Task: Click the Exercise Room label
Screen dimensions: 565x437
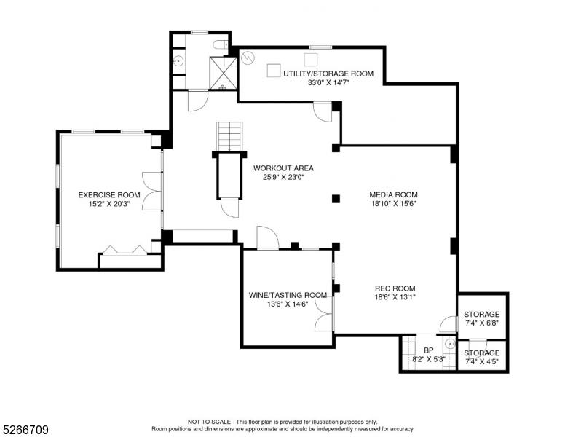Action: [x=109, y=195]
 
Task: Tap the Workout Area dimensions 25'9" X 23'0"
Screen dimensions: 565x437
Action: [x=283, y=177]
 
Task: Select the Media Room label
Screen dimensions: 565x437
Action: [x=393, y=194]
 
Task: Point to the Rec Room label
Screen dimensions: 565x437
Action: [x=395, y=288]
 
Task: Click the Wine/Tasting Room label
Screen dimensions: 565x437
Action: [x=288, y=295]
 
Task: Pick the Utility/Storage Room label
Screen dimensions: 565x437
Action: [x=328, y=74]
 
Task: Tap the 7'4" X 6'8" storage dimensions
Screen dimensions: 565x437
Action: [x=481, y=323]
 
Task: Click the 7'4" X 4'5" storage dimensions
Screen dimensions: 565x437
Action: [x=481, y=362]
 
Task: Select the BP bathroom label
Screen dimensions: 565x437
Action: [x=428, y=350]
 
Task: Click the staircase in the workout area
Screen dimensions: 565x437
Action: [x=229, y=136]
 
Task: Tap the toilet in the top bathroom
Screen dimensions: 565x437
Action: [x=221, y=44]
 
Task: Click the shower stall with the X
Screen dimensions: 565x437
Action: [x=224, y=73]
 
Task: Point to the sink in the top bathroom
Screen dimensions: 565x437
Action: [x=178, y=60]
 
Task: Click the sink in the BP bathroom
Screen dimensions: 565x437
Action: [x=450, y=344]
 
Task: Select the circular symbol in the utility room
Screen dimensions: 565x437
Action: [x=248, y=58]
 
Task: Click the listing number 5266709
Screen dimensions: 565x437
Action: [x=25, y=430]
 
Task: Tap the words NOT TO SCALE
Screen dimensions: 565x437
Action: [x=209, y=422]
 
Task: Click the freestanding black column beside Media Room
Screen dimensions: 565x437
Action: [x=336, y=199]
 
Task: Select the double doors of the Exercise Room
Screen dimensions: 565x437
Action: [x=151, y=191]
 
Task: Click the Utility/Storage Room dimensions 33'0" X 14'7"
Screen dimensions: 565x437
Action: [x=328, y=82]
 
